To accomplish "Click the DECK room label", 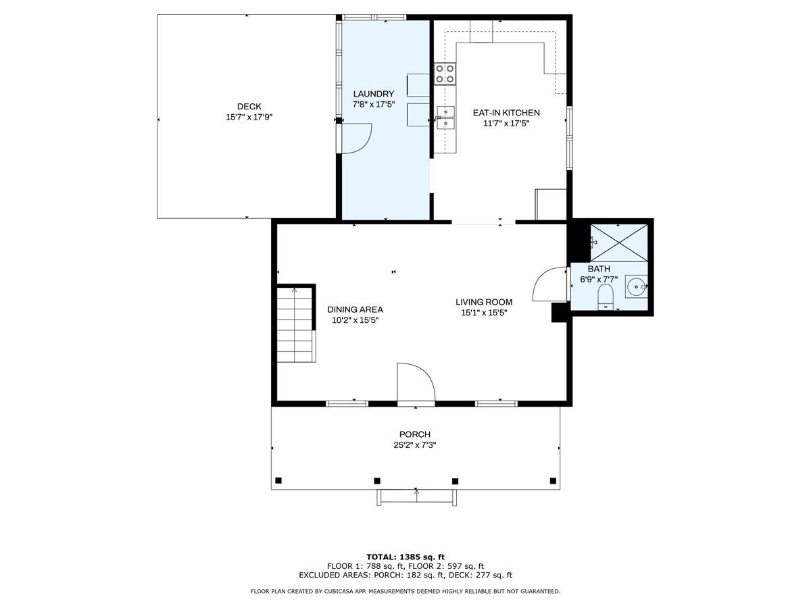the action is click(249, 106).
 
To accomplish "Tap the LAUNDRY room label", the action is click(374, 94).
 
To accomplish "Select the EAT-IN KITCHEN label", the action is click(506, 113).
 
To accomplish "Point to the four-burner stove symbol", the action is click(445, 74).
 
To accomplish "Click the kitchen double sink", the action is click(446, 118).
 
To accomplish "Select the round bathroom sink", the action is click(637, 286).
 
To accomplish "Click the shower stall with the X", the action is click(619, 243).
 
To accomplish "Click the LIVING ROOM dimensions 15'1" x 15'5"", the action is click(484, 313).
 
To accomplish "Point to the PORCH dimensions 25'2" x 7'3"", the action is click(414, 445).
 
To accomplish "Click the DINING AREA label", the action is click(355, 309).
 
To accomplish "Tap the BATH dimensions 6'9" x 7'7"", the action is click(599, 280).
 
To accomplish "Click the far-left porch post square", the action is click(278, 480).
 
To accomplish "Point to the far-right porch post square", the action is click(553, 480).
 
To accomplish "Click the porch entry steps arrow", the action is click(416, 495).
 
